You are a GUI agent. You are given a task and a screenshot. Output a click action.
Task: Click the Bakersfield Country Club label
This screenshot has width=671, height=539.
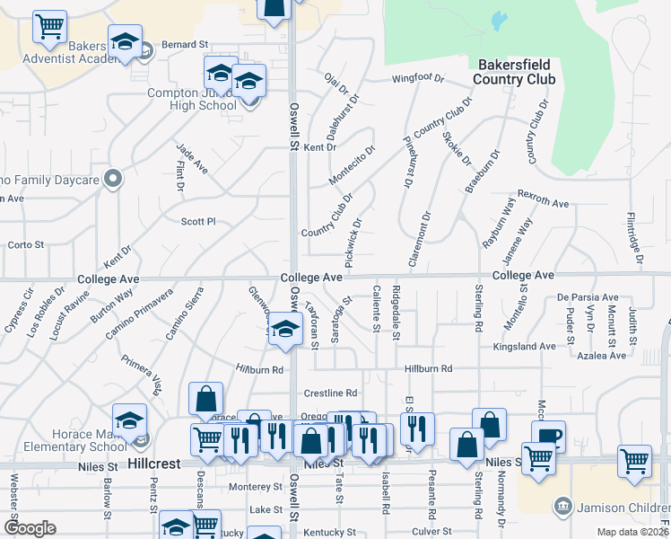point(516,72)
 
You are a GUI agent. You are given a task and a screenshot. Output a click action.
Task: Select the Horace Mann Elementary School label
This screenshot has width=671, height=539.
point(65,439)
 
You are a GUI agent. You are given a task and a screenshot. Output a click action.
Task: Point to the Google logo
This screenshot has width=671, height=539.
point(30,528)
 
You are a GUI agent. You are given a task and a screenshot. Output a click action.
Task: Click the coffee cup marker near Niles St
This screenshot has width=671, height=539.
point(548,437)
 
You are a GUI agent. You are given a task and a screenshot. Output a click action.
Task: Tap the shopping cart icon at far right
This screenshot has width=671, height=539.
point(634,460)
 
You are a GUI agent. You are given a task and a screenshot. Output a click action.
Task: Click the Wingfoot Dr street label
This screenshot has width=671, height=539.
point(418,78)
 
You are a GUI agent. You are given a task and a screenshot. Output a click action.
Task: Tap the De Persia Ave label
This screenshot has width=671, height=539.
point(588,297)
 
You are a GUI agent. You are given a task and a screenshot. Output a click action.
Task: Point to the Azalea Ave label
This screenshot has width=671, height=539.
point(601,356)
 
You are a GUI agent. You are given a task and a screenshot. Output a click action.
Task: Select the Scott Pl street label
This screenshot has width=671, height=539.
point(198,221)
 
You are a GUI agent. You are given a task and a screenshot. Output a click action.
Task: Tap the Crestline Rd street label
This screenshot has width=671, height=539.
point(330,393)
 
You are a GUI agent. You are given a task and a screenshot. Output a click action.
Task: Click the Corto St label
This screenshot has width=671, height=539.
point(26,244)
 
